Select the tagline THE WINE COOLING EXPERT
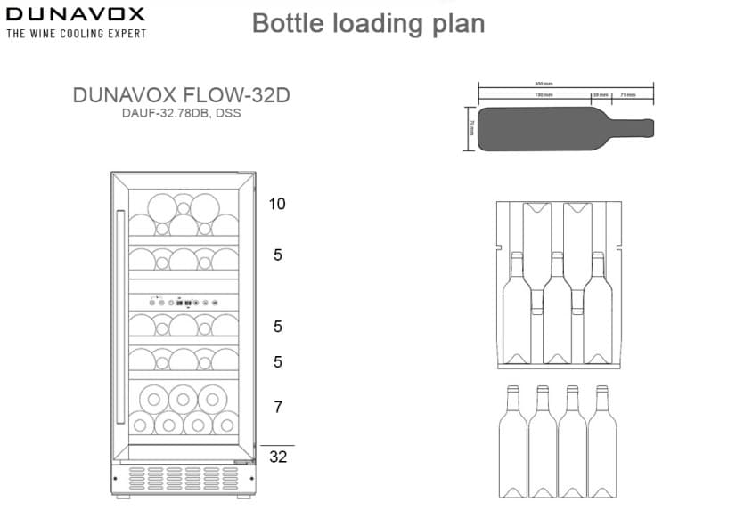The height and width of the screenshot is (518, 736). (x=76, y=34)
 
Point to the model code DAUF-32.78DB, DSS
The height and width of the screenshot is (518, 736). (x=181, y=113)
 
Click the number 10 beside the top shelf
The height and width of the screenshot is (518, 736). (x=277, y=204)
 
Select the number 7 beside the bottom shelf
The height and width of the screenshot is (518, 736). (x=278, y=408)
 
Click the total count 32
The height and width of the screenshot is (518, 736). (x=278, y=457)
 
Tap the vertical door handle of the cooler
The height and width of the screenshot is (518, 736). (x=120, y=316)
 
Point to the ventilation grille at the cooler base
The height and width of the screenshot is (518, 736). (x=183, y=477)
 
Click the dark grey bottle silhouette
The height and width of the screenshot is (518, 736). (x=552, y=128)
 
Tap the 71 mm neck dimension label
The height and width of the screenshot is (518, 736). (x=628, y=93)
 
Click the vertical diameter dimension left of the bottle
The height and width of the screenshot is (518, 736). (x=472, y=128)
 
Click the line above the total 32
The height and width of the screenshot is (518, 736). (x=277, y=445)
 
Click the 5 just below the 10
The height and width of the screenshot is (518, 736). (x=278, y=255)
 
